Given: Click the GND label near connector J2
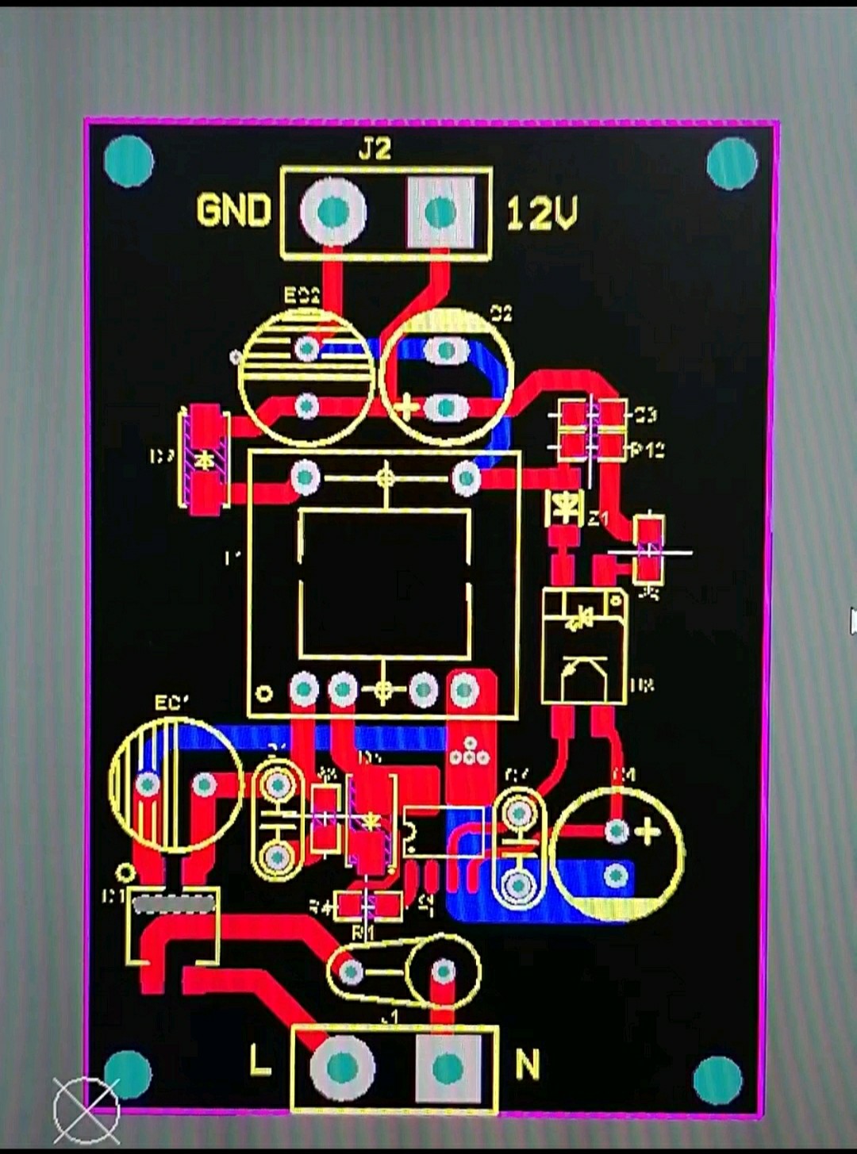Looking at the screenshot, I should pyautogui.click(x=233, y=211).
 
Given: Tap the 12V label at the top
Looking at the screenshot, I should pyautogui.click(x=542, y=213).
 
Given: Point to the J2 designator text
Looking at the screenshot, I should pyautogui.click(x=375, y=149).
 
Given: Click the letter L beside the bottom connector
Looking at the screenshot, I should pyautogui.click(x=260, y=1061).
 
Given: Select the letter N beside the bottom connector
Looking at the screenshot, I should pyautogui.click(x=528, y=1064).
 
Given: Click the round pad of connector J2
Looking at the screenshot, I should pyautogui.click(x=333, y=212).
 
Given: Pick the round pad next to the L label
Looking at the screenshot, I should pyautogui.click(x=342, y=1068).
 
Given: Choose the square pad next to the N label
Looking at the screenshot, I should pyautogui.click(x=448, y=1068).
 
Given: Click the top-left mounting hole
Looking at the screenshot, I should pyautogui.click(x=129, y=161).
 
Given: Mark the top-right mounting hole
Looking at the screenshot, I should pyautogui.click(x=732, y=163).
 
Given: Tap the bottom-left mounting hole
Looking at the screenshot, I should pyautogui.click(x=128, y=1074).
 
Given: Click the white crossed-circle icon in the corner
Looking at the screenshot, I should pyautogui.click(x=86, y=1109).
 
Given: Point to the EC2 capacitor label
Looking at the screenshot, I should pyautogui.click(x=302, y=296).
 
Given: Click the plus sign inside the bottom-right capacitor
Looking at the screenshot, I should pyautogui.click(x=648, y=832).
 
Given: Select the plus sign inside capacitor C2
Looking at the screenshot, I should pyautogui.click(x=405, y=408).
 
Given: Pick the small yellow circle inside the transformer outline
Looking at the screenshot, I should pyautogui.click(x=265, y=693).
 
